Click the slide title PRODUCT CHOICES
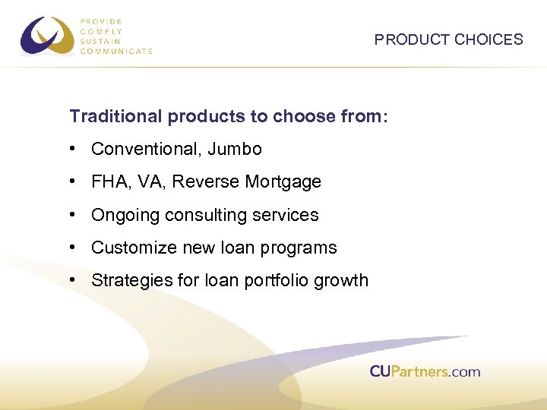[x=448, y=39]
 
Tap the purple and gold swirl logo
[x=48, y=36]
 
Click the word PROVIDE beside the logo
[x=102, y=23]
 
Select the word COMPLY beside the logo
[x=102, y=32]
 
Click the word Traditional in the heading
[x=115, y=116]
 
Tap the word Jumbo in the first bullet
[x=237, y=150]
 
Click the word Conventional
[x=145, y=150]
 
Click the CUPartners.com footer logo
[x=425, y=371]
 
